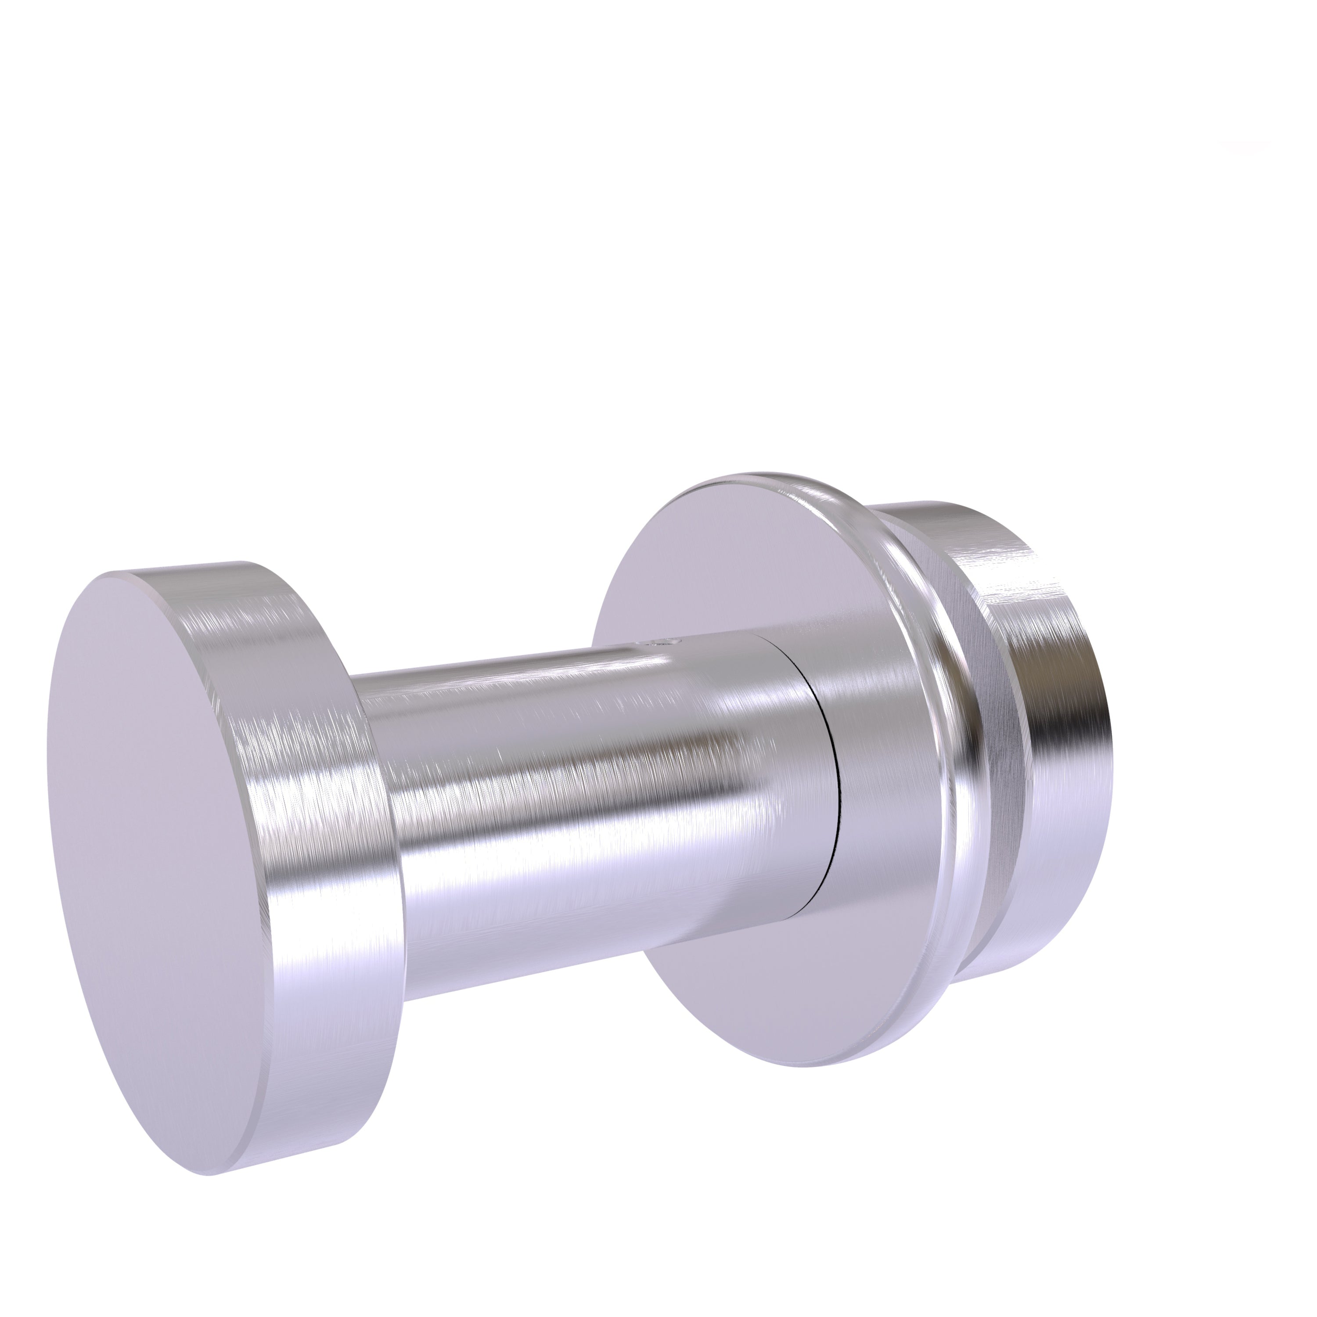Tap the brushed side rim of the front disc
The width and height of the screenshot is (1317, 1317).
pos(320,784)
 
